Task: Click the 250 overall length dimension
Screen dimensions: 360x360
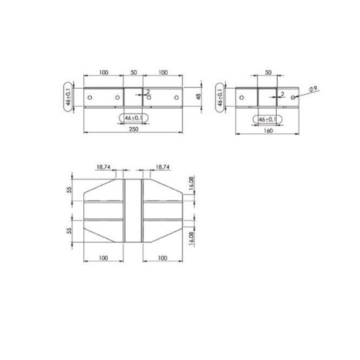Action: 133,129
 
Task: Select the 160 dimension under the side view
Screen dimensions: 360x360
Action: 268,130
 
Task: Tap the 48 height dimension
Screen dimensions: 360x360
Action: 199,97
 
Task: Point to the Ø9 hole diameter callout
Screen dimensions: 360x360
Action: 313,89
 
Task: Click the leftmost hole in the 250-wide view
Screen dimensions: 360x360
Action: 90,97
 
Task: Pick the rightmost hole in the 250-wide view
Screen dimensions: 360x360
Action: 176,97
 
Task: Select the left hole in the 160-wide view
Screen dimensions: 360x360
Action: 241,97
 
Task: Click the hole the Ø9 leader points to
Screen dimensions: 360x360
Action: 293,97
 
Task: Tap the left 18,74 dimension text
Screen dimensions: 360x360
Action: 103,167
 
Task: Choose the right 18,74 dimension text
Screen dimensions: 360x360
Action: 163,167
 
